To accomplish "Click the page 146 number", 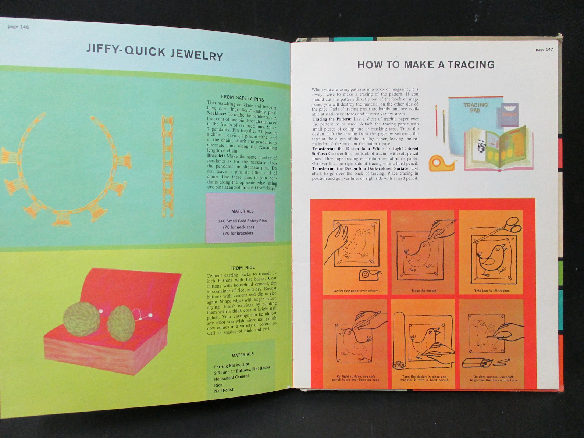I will click(18, 27).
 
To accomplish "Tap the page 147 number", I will click(544, 49).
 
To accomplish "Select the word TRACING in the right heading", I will click(471, 65).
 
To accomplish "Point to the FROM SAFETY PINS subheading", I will click(242, 98).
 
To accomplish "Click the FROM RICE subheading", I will click(242, 268).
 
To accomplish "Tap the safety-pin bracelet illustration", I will click(167, 165).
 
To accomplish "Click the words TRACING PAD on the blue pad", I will click(475, 107).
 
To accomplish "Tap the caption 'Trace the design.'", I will click(424, 291).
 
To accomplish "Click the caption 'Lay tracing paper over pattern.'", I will click(356, 291).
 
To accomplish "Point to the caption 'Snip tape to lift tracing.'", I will click(491, 291).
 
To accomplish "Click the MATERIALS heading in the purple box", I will click(242, 211).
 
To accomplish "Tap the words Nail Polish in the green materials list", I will click(224, 390).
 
